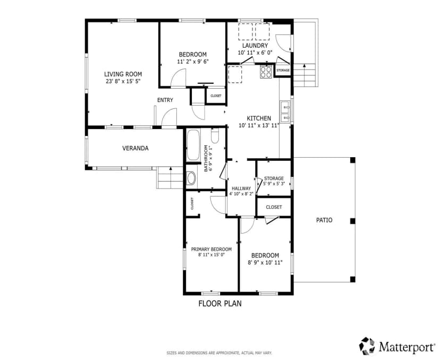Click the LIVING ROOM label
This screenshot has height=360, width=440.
123,74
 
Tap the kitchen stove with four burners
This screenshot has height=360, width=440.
266,72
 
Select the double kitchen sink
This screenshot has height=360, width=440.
286,112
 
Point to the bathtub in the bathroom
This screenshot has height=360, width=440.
193,145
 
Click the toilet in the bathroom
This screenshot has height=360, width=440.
215,135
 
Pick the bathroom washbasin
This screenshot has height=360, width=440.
191,178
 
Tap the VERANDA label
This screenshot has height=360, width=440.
136,148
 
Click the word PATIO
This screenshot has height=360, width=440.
324,220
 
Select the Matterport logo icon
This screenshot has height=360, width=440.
367,346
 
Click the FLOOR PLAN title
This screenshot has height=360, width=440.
220,303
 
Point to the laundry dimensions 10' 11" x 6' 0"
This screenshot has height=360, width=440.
255,53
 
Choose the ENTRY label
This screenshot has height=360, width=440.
165,100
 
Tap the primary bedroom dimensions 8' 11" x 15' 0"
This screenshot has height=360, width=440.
211,255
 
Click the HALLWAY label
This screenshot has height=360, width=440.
241,188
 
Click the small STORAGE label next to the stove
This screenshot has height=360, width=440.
283,71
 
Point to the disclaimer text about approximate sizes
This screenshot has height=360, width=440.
219,353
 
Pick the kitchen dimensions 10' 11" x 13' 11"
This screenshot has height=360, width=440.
259,126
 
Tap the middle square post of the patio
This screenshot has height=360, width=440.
353,221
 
